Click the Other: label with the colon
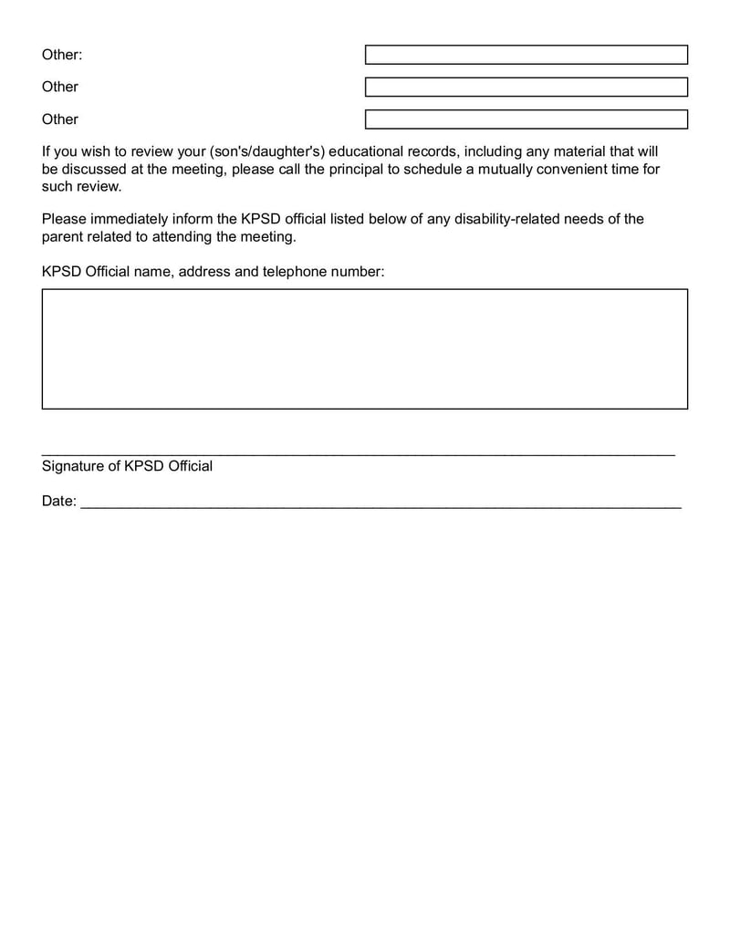(x=62, y=55)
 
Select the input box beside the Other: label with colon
(x=526, y=55)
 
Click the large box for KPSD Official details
(x=364, y=348)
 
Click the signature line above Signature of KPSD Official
(x=358, y=452)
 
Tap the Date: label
(x=59, y=502)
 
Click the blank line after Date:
(x=381, y=504)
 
